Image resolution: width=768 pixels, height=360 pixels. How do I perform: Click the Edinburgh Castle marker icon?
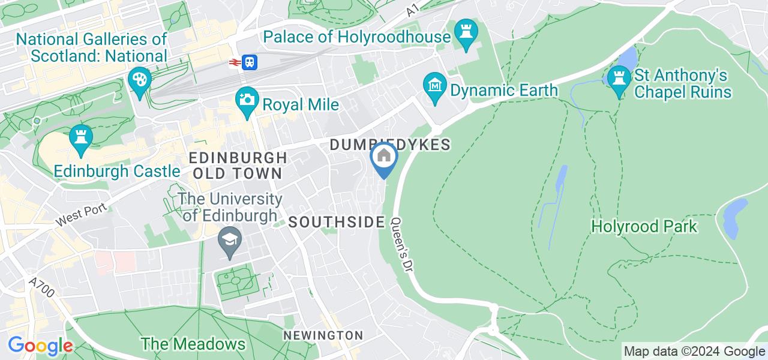pos(80,137)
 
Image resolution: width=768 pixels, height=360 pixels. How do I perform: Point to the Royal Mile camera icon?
pos(247,100)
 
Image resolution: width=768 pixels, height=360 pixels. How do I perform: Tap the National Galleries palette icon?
pos(139,81)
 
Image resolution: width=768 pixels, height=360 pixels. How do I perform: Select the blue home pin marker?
pos(383,157)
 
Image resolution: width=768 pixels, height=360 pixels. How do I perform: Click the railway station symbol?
pos(243,62)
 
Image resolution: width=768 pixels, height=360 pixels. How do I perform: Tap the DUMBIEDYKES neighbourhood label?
pos(389,145)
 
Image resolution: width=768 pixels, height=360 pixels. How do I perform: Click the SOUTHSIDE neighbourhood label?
pos(337,222)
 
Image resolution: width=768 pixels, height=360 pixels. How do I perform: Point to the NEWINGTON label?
pos(323,335)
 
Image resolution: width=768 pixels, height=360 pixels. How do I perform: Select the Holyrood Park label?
pos(644,227)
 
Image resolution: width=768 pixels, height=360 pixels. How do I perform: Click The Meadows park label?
pos(193,344)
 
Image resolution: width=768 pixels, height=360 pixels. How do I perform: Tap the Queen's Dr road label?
pos(401,251)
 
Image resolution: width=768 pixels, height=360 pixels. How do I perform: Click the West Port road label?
pos(82,215)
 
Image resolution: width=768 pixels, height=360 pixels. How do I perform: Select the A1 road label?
pos(412,11)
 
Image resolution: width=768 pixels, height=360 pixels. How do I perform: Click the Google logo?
pos(40,346)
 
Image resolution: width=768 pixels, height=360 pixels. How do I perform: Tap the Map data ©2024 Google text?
pos(694,352)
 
